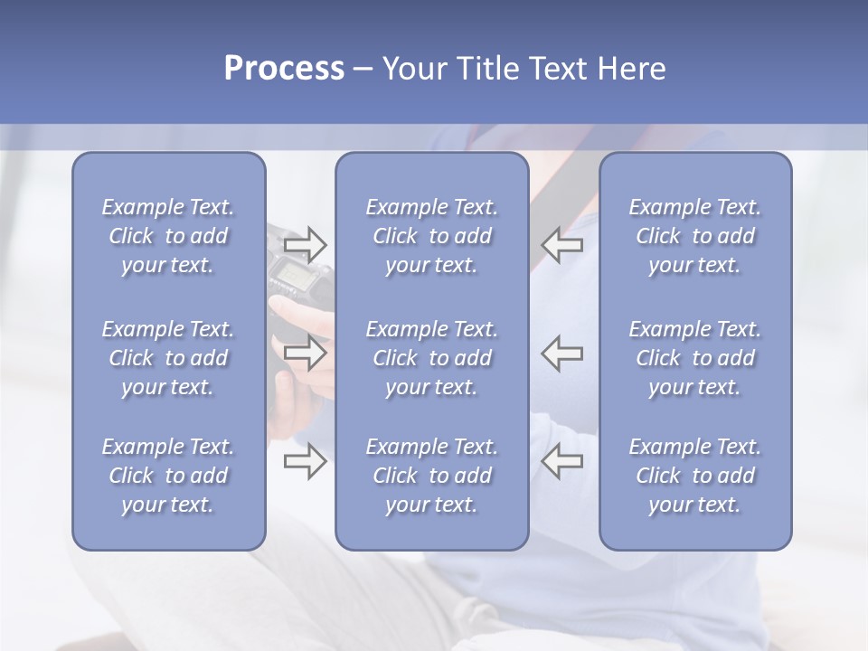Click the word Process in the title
click(x=284, y=69)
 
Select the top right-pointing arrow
click(x=306, y=243)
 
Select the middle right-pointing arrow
click(x=306, y=352)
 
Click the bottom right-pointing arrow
click(x=306, y=461)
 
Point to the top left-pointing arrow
click(x=562, y=243)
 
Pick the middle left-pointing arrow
click(x=562, y=352)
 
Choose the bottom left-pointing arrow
click(x=562, y=461)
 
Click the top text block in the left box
click(x=168, y=236)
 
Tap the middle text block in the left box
click(x=168, y=358)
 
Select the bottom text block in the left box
click(x=168, y=476)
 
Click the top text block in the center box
click(x=431, y=236)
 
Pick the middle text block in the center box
click(x=431, y=358)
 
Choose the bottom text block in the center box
click(x=431, y=476)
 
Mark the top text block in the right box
click(x=694, y=236)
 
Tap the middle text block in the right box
click(x=694, y=358)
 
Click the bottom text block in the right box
click(x=694, y=476)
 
